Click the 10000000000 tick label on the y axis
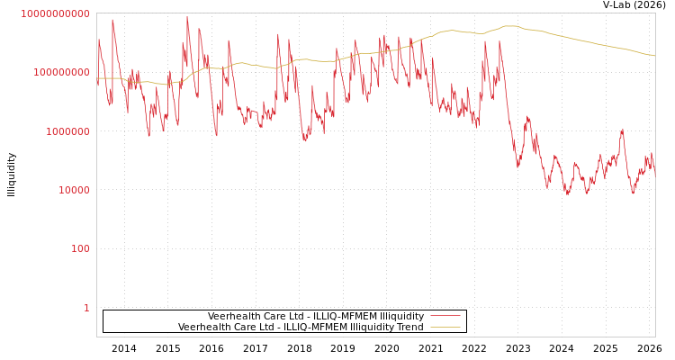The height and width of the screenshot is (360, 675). (x=55, y=13)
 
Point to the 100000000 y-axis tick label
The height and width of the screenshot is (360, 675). (x=60, y=72)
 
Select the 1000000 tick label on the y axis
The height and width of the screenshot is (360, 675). (x=66, y=131)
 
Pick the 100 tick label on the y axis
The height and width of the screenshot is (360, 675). (x=80, y=249)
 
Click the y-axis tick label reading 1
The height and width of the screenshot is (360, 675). (x=86, y=308)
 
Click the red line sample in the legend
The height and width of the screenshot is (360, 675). (x=445, y=316)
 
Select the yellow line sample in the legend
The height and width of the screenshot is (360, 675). (x=445, y=327)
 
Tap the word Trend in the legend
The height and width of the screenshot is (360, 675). (x=409, y=327)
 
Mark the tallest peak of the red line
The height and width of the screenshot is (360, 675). (x=187, y=16)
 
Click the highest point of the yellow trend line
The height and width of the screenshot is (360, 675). (x=510, y=26)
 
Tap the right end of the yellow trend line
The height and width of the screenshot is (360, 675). (x=654, y=56)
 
